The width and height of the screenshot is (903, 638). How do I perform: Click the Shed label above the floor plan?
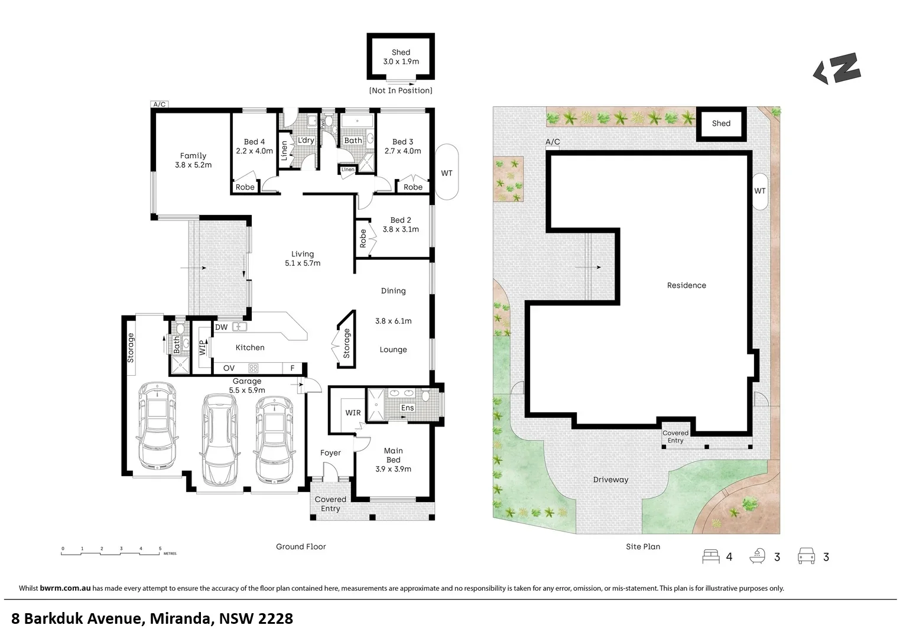[x=401, y=53]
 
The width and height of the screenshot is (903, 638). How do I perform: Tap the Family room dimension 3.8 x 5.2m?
[x=193, y=165]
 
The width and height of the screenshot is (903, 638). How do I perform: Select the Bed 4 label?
[x=254, y=142]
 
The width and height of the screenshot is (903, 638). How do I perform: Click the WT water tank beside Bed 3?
[x=447, y=173]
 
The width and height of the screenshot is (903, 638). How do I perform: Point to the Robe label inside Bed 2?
[x=363, y=239]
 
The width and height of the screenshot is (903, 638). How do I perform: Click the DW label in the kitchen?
[x=222, y=327]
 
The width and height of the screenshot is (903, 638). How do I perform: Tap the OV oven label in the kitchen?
[x=229, y=368]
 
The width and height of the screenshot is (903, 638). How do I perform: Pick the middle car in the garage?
[x=219, y=438]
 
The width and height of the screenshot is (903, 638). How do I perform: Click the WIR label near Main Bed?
[x=353, y=413]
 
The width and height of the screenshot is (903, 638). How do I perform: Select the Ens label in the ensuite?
[x=407, y=408]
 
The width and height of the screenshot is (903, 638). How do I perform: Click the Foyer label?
[x=330, y=453]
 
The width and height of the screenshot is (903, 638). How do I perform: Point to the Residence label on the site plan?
[x=686, y=285]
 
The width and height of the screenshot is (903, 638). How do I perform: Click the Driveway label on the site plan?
[x=610, y=480]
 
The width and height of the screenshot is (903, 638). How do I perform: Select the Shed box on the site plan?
[x=721, y=123]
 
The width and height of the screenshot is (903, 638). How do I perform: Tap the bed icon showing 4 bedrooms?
[x=710, y=556]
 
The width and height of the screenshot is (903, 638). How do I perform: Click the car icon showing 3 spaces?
[x=806, y=556]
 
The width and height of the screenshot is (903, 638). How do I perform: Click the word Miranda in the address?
[x=180, y=619]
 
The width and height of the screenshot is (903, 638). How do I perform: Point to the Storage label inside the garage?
[x=131, y=347]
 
